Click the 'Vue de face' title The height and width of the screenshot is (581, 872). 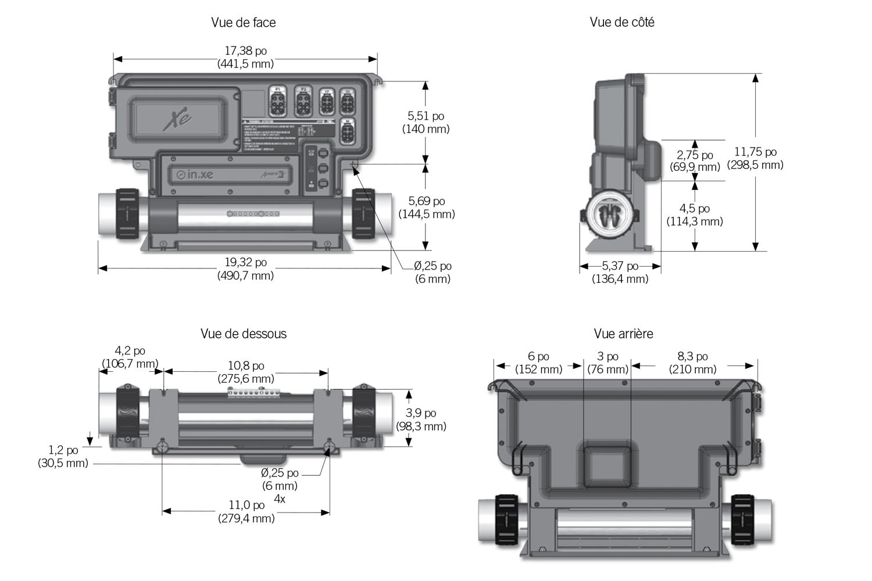click(243, 22)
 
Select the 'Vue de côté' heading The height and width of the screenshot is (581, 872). click(622, 22)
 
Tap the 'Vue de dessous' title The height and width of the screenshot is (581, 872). click(244, 333)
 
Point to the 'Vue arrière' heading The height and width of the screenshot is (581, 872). click(623, 333)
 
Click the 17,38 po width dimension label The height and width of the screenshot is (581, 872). click(245, 58)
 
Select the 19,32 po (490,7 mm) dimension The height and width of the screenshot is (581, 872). click(245, 269)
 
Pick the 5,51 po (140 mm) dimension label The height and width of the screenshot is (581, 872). click(426, 123)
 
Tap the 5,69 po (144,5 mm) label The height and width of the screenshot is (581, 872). click(427, 207)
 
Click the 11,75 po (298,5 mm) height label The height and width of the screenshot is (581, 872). click(755, 158)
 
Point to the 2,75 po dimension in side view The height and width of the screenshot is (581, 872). click(695, 161)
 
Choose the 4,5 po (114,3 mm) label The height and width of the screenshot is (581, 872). click(695, 215)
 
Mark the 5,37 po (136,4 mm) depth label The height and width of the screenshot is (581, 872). click(620, 272)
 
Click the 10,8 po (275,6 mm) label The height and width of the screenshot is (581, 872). click(246, 372)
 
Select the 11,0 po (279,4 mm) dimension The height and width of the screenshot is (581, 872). click(246, 511)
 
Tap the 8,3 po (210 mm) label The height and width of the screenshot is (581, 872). click(692, 363)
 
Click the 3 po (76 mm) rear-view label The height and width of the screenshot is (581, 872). click(608, 363)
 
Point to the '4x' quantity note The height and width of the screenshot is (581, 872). click(280, 499)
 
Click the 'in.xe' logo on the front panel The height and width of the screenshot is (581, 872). click(195, 174)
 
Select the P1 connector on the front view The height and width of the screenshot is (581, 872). click(278, 102)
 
